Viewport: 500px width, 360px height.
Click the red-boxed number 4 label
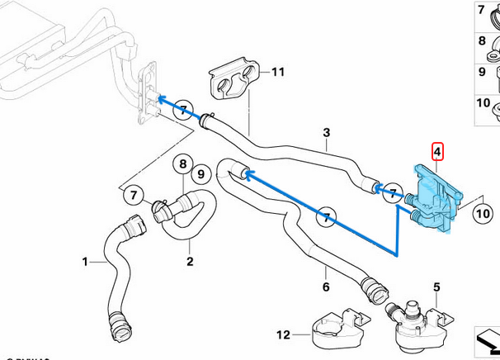[438, 152]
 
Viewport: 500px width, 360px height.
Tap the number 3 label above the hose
[327, 133]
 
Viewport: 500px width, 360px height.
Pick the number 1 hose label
[85, 263]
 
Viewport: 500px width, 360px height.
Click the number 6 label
[325, 287]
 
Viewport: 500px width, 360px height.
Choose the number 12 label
[283, 335]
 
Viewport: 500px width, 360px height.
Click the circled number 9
[198, 174]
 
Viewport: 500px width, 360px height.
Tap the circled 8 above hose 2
[183, 164]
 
